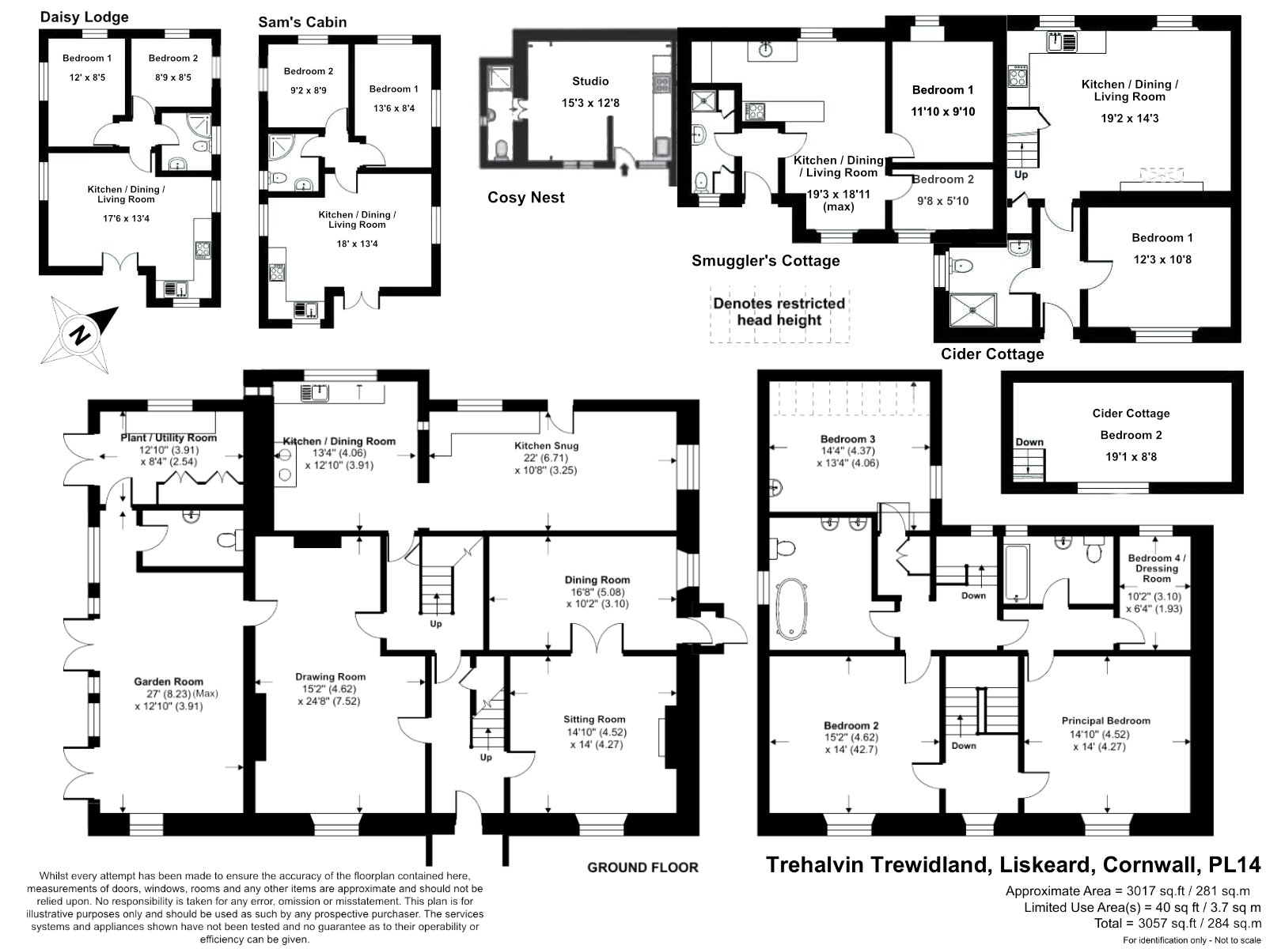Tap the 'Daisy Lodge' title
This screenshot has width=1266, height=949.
[x=84, y=17]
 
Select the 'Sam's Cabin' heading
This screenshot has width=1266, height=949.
[x=302, y=22]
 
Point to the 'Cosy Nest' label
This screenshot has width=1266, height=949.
[x=526, y=198]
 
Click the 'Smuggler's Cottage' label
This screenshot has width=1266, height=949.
[x=765, y=261]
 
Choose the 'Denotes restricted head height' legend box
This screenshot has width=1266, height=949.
[x=779, y=314]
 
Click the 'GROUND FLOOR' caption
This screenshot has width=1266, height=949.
[x=642, y=868]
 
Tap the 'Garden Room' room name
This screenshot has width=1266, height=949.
[x=169, y=682]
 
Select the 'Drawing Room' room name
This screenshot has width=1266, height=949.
[x=331, y=676]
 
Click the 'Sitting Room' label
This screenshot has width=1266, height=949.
[x=594, y=719]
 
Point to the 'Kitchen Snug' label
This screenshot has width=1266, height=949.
[x=546, y=445]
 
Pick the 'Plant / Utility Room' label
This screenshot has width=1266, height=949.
[x=169, y=438]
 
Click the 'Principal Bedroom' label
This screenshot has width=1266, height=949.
[x=1105, y=720]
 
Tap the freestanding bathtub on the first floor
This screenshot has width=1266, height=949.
[x=790, y=608]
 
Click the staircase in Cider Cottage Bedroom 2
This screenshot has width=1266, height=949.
[x=1029, y=463]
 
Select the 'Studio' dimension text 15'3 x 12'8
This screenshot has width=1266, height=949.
[x=590, y=103]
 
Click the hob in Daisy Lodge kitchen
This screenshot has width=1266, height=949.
[x=203, y=249]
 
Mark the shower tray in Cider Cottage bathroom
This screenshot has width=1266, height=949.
[x=973, y=310]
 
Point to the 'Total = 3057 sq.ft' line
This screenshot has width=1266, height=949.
[x=1177, y=924]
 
